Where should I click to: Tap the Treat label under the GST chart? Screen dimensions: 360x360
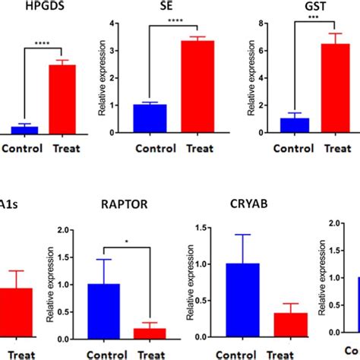(339, 147)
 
